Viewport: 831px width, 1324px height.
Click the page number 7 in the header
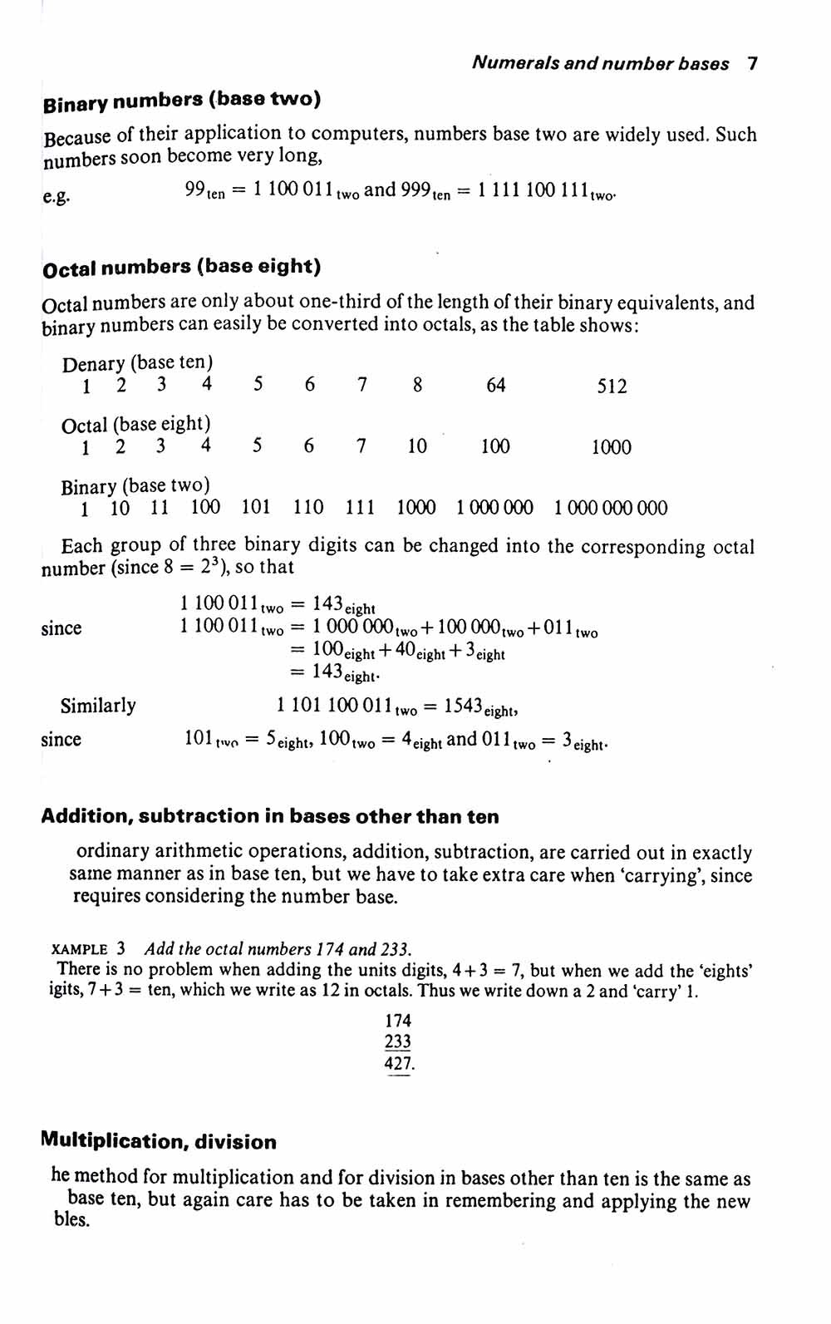[752, 64]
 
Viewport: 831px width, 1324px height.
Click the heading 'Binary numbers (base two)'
[181, 101]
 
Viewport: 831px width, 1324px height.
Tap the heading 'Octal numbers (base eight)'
[181, 268]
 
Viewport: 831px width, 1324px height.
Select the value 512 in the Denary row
[612, 386]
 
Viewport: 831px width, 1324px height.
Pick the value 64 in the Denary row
[495, 386]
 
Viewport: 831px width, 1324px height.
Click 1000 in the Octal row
[611, 448]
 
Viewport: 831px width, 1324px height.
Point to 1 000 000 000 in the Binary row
[610, 509]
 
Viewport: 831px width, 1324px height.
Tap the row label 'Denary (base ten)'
[137, 363]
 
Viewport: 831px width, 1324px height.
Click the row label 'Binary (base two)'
[135, 485]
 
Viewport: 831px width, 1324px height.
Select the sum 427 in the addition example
[398, 1064]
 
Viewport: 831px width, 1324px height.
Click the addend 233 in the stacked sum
[398, 1042]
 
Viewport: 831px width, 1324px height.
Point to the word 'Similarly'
[98, 706]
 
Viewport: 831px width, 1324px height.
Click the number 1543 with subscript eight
[464, 706]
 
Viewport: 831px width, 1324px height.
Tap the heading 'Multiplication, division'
[158, 1142]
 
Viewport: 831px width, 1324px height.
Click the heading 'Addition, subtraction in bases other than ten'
[270, 817]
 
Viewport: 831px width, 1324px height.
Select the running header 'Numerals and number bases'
[600, 64]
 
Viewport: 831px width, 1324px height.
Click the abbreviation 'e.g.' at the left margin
[57, 197]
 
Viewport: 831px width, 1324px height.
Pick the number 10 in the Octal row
[416, 447]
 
